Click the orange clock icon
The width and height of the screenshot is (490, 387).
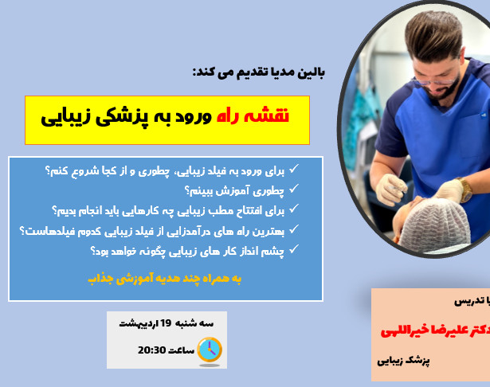[x=209, y=349]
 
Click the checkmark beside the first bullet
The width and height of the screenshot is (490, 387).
[x=293, y=170]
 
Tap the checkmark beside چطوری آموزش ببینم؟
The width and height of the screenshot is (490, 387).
[x=293, y=190]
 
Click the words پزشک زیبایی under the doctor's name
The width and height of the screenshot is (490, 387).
[x=404, y=360]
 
